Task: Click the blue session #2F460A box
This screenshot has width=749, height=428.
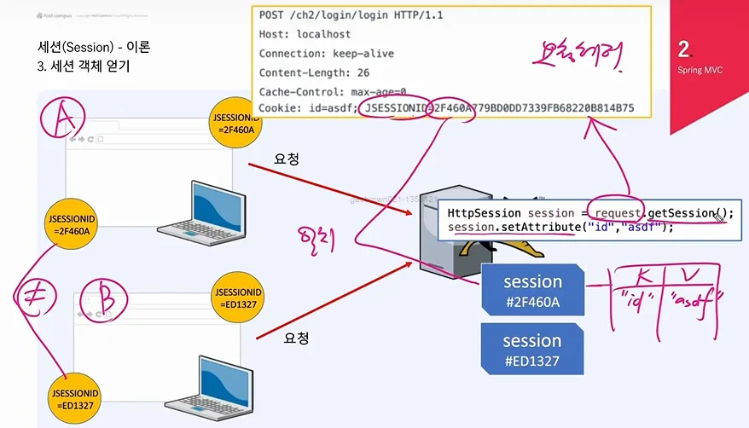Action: (532, 290)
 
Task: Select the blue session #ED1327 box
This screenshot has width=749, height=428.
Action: (532, 350)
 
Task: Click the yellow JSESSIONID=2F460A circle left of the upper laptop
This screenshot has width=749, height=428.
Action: (73, 224)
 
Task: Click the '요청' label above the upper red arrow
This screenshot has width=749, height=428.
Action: (285, 159)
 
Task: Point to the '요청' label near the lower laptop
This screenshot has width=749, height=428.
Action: (295, 338)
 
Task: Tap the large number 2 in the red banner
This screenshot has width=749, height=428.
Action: (684, 48)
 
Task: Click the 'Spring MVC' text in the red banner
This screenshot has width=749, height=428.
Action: (700, 70)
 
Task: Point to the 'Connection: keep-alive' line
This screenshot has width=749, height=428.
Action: (328, 53)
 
